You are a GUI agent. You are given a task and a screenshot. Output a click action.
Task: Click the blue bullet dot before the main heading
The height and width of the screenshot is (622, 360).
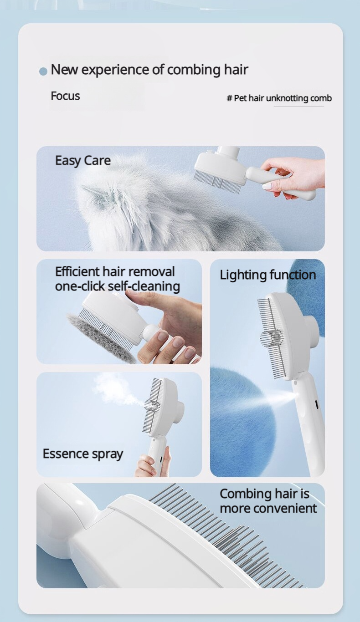tap(43, 71)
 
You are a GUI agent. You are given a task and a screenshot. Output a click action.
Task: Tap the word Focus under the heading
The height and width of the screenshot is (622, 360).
tap(65, 96)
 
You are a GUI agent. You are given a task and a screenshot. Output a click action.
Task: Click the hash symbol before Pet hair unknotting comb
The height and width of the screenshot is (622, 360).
tap(229, 98)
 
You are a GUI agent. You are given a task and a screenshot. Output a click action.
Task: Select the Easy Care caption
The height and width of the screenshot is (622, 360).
tap(83, 160)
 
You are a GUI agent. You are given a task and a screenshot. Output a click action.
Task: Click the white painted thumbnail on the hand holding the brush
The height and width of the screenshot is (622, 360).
tap(267, 186)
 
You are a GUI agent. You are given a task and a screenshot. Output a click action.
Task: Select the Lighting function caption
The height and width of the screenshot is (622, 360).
tap(268, 275)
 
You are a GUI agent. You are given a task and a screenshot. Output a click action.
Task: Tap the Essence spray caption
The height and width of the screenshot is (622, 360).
tap(83, 454)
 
